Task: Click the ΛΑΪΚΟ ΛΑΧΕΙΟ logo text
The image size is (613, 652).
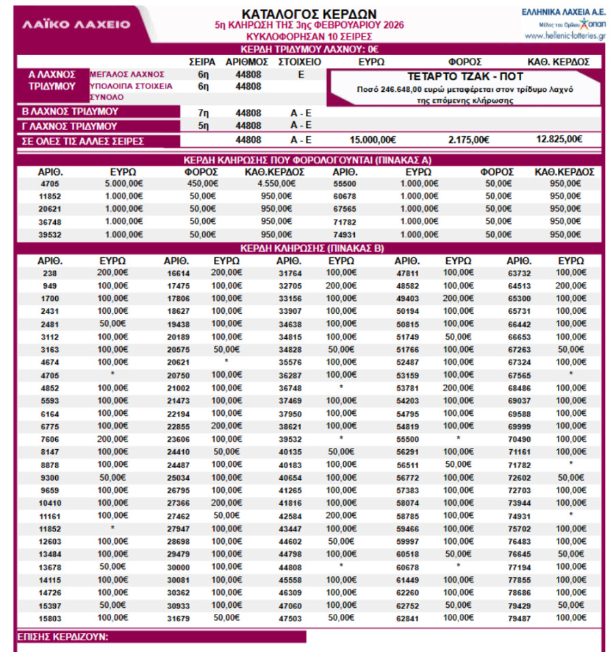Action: tap(76, 25)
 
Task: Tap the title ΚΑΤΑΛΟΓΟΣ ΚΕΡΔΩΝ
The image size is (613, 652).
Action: tap(309, 14)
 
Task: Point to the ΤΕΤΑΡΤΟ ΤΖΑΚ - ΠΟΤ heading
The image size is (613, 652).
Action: tap(465, 76)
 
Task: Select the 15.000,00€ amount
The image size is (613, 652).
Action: tap(373, 140)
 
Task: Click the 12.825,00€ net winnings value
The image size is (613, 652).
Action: tap(559, 140)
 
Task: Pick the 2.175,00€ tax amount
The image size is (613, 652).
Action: tap(469, 140)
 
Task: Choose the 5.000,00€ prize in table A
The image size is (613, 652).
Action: tap(123, 183)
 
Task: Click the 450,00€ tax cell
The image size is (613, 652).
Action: tap(204, 183)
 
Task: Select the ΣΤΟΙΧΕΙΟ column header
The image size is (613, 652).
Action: tap(300, 62)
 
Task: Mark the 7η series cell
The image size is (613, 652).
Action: tap(203, 112)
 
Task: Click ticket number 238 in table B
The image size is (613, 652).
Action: tap(50, 273)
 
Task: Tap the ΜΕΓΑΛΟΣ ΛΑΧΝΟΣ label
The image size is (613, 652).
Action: tap(127, 74)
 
